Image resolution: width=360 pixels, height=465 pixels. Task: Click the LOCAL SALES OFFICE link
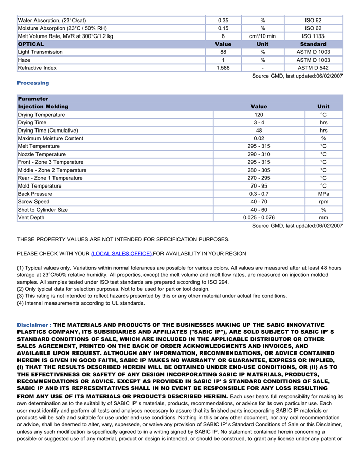[x=121, y=254]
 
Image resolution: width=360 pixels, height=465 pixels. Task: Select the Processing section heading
[x=33, y=83]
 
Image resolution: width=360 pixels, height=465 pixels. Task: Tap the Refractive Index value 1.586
[x=223, y=68]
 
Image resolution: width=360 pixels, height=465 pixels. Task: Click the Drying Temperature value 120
[x=259, y=115]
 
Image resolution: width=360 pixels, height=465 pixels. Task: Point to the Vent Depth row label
[x=31, y=218]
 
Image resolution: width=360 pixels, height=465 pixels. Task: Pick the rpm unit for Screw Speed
[x=323, y=202]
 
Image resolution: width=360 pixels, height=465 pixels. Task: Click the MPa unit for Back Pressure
[x=323, y=194]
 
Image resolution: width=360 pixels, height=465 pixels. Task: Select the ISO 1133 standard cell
[x=313, y=36]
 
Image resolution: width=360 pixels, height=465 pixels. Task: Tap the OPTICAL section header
[x=31, y=44]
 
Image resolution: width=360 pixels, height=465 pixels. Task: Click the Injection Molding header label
[x=43, y=107]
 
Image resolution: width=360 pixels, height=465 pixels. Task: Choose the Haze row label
[x=25, y=60]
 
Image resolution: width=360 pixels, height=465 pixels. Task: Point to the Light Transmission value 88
[x=223, y=52]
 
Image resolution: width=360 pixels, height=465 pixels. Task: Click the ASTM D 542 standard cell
[x=313, y=68]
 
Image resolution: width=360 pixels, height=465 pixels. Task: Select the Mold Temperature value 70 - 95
[x=259, y=186]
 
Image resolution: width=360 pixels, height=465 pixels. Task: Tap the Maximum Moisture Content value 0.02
[x=259, y=139]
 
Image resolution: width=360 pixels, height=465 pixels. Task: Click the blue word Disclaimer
[x=32, y=325]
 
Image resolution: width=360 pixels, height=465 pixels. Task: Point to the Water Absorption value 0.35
[x=223, y=21]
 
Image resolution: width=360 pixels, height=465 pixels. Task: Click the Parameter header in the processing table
[x=33, y=99]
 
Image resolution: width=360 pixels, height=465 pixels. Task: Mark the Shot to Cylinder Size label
[x=43, y=210]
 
